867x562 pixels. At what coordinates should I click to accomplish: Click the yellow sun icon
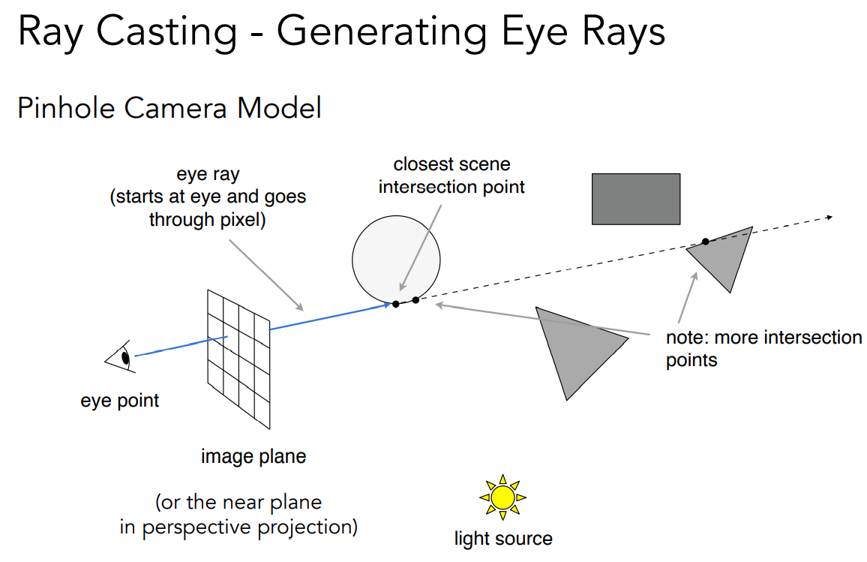click(502, 497)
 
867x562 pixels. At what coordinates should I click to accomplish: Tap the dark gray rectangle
click(636, 199)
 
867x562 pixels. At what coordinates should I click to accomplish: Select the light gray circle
click(396, 260)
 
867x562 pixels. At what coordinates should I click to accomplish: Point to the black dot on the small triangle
click(706, 241)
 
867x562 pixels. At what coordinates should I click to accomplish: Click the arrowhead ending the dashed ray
click(829, 218)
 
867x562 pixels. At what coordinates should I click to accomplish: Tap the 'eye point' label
click(119, 401)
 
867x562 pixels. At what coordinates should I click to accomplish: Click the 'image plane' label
click(253, 456)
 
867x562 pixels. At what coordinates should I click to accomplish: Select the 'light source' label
click(503, 538)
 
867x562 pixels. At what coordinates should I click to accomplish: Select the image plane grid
click(238, 359)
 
